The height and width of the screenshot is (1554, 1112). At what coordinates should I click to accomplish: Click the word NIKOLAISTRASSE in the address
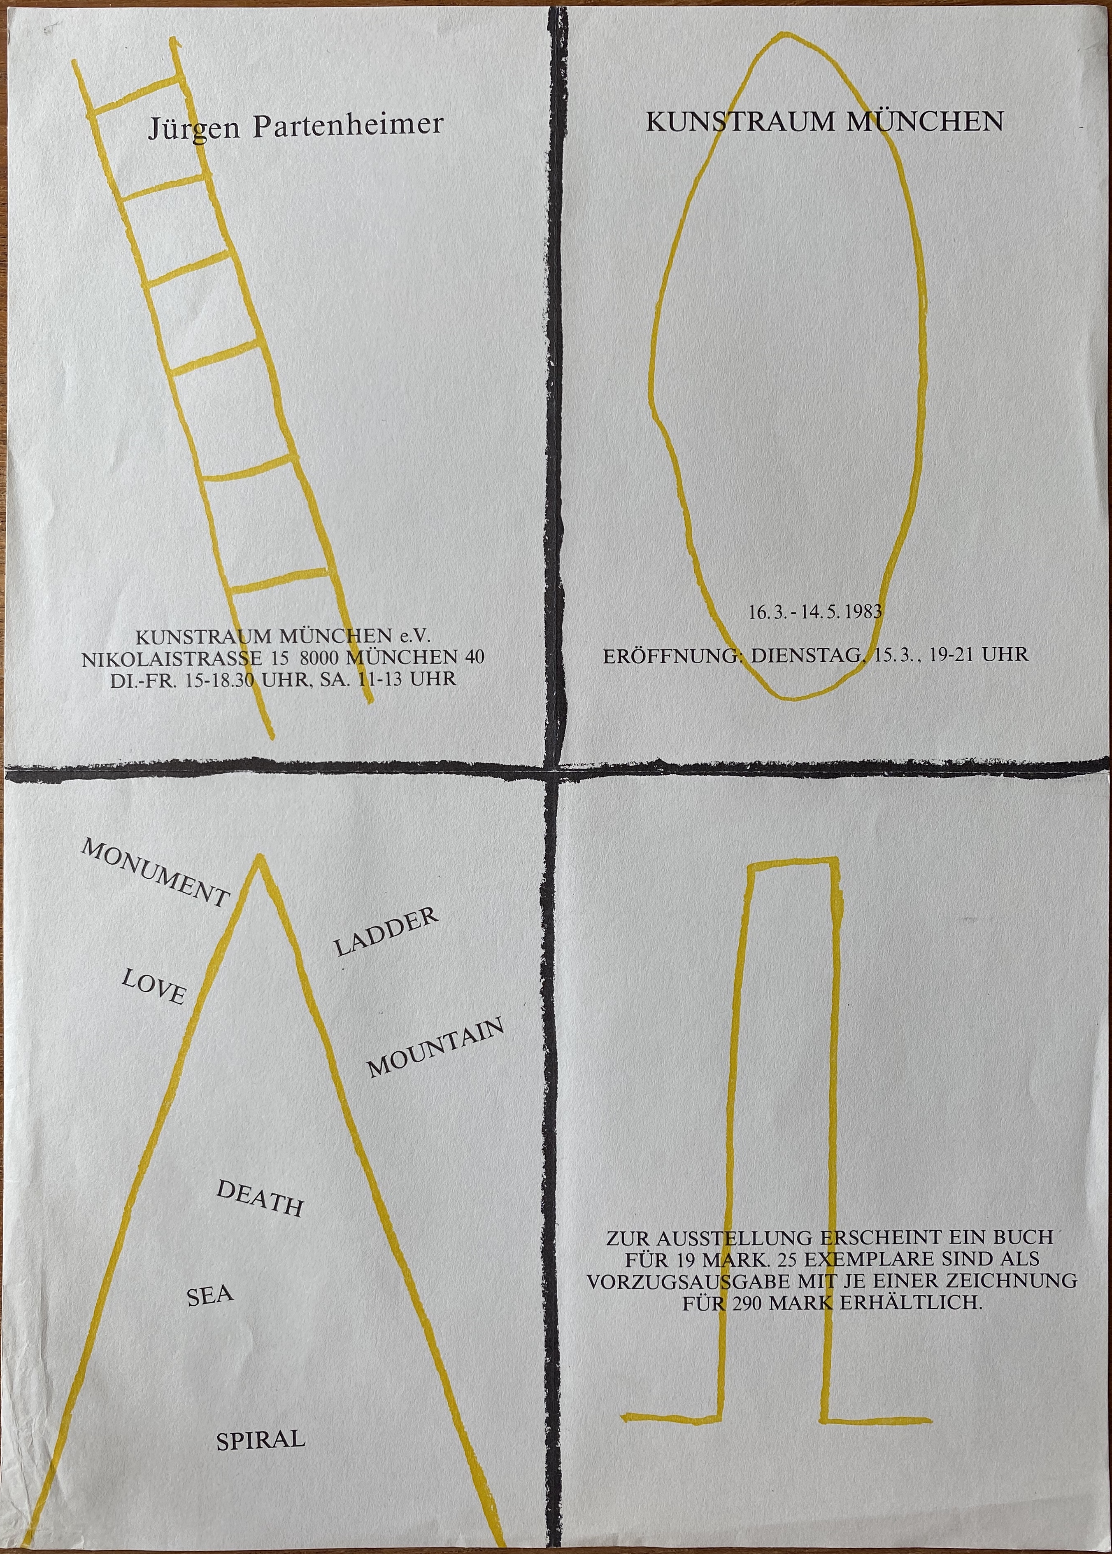coord(172,658)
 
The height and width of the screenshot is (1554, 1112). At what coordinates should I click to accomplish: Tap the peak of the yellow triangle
coord(258,857)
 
